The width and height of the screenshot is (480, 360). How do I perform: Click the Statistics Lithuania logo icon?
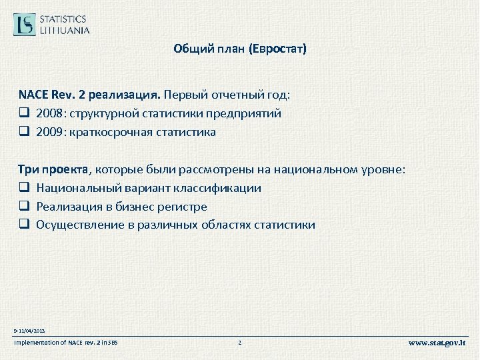[x=25, y=24]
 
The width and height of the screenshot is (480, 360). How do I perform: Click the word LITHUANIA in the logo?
[x=65, y=30]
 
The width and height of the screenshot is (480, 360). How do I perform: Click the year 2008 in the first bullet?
[x=51, y=113]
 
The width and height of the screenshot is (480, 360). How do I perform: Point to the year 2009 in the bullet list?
[x=51, y=132]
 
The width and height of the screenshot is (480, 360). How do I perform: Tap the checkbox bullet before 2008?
[x=24, y=113]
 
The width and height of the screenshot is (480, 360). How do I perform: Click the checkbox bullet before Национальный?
[x=24, y=188]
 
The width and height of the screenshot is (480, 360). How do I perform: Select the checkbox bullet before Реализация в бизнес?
[x=24, y=207]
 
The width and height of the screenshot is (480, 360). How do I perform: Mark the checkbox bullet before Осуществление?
[x=24, y=225]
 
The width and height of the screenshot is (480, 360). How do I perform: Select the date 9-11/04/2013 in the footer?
[x=29, y=331]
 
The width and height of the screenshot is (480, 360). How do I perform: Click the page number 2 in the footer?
[x=239, y=343]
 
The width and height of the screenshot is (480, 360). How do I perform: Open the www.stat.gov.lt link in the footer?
[x=437, y=343]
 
